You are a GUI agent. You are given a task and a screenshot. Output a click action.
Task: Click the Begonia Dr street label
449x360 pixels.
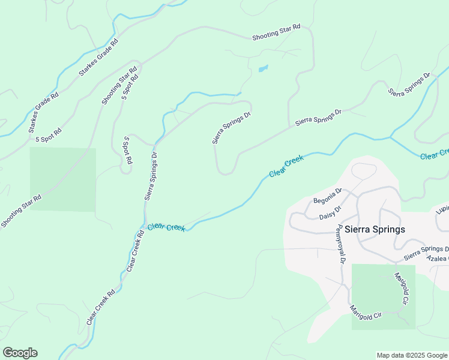pos(327,195)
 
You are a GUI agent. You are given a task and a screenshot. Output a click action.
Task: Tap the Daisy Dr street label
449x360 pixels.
pos(330,212)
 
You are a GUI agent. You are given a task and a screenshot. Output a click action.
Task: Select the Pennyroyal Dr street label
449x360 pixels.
pos(340,244)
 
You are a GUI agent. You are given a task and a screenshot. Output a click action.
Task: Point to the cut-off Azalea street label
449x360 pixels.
pos(437,257)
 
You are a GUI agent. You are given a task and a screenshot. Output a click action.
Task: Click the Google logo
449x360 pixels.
pos(20,353)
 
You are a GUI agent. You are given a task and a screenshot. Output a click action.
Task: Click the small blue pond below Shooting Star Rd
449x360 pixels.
pos(263,68)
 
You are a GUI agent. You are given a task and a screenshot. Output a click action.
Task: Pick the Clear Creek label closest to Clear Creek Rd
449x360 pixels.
pos(166,227)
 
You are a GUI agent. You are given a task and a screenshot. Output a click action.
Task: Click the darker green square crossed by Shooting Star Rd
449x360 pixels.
pos(63,179)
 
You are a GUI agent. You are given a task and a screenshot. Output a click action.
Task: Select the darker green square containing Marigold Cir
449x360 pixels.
pos(383,296)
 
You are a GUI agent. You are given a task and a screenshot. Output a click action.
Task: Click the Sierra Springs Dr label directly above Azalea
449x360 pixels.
pos(426,252)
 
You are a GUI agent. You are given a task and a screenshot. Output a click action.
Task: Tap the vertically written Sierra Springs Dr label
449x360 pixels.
pos(150,175)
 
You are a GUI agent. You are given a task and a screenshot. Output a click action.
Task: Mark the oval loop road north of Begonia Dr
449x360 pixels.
pos(364,171)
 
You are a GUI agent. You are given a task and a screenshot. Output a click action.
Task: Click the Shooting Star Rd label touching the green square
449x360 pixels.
pos(21,210)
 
